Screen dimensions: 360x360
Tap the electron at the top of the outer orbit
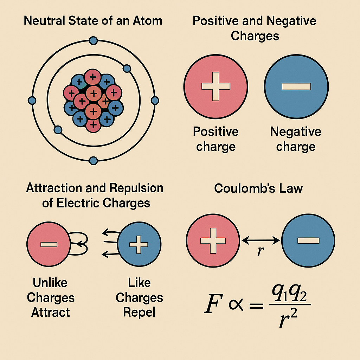pos(93,41)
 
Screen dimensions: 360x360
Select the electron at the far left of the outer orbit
pos(32,101)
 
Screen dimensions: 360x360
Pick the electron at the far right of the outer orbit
pos(155,101)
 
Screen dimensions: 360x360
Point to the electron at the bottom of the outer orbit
pos(93,161)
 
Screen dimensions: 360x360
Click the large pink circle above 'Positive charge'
pos(216,86)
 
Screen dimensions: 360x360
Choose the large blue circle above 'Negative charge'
pos(296,86)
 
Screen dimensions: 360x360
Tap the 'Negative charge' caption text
pos(296,139)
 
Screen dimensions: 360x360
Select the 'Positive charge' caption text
pos(216,139)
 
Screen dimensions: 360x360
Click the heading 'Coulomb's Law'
pos(258,188)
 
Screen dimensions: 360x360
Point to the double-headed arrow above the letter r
pos(261,240)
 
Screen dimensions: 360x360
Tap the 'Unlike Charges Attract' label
pos(51,297)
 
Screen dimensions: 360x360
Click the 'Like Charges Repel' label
pos(139,297)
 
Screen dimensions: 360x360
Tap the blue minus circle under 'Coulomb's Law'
pos(308,240)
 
